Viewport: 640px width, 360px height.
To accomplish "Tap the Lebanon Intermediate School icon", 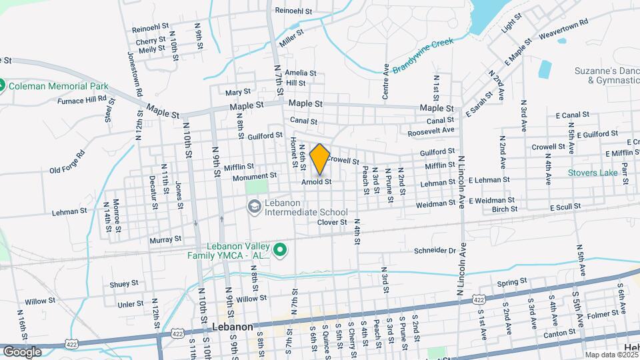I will [253, 207].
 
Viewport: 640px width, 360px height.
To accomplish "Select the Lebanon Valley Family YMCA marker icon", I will [281, 250].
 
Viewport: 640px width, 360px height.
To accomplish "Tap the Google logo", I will [22, 351].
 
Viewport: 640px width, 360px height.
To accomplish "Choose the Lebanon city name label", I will [233, 327].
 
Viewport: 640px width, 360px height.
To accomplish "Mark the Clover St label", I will [332, 222].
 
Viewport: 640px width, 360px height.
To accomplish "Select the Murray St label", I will [167, 239].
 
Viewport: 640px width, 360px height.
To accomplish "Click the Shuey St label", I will [124, 283].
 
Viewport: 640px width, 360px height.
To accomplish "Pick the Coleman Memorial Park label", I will [53, 86].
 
